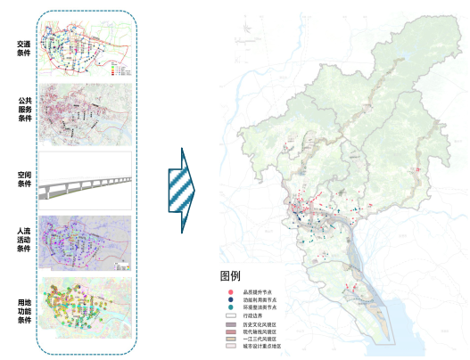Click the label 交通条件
coord(23,48)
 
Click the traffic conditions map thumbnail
coord(87,48)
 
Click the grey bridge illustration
coord(87,184)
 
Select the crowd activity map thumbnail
coord(87,241)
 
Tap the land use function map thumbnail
coord(87,311)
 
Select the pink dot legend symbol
coord(230,292)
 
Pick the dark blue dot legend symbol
coord(230,300)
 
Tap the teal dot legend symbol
coord(230,307)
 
